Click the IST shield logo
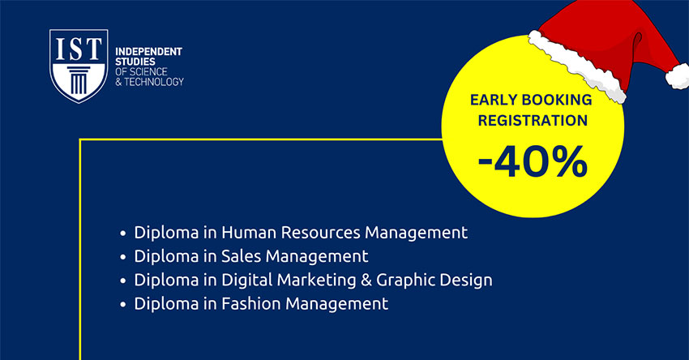click(x=79, y=66)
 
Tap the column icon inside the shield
click(x=79, y=80)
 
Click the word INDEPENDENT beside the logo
click(x=148, y=51)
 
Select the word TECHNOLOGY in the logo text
click(x=154, y=82)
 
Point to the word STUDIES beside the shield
click(x=135, y=62)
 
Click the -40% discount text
click(x=533, y=162)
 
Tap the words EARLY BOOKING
click(x=531, y=100)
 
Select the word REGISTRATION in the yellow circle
click(x=533, y=120)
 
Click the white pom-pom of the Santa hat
click(x=678, y=76)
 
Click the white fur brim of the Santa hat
click(x=576, y=66)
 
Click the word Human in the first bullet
click(x=248, y=232)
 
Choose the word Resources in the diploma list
click(x=320, y=232)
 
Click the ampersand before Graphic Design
click(x=366, y=280)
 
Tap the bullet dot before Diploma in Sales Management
click(x=123, y=257)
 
